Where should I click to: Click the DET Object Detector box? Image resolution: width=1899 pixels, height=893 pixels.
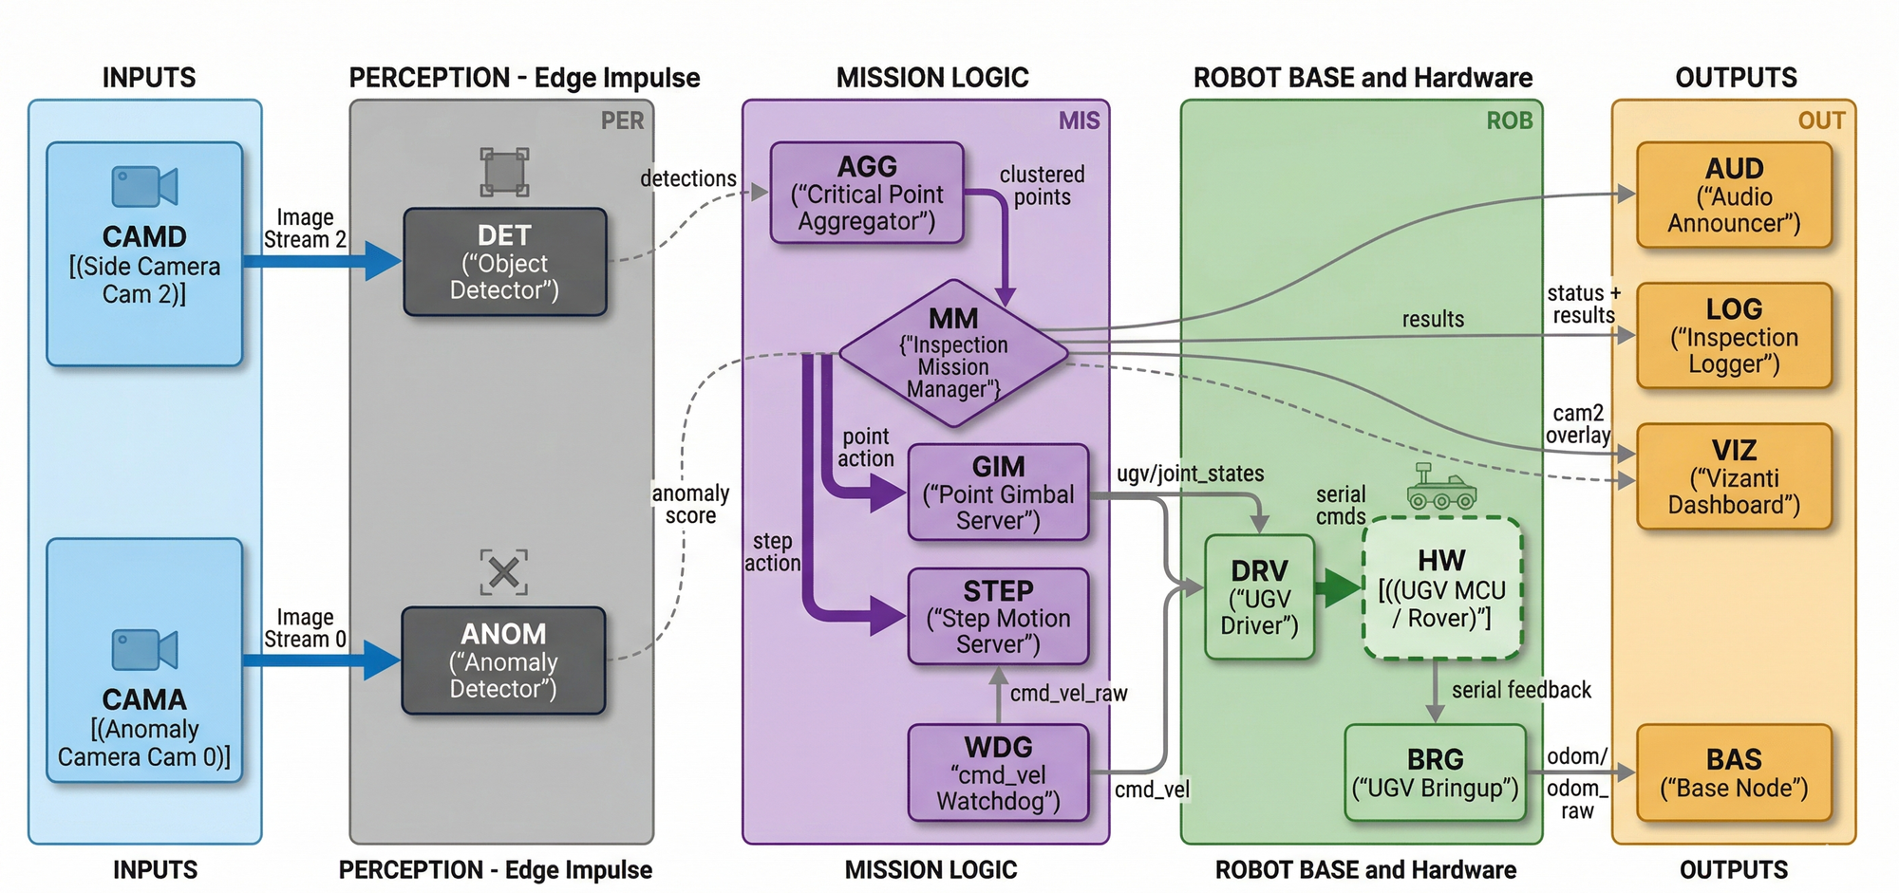[x=505, y=262]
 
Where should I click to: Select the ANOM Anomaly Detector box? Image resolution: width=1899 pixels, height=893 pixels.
[x=503, y=660]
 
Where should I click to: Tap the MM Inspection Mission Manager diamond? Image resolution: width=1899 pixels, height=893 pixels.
[x=953, y=353]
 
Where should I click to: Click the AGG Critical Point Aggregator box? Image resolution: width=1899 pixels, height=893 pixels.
[x=867, y=194]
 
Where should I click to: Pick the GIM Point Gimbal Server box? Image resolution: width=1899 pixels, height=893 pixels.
[x=998, y=493]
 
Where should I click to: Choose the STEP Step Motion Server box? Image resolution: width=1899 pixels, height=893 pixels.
[x=998, y=617]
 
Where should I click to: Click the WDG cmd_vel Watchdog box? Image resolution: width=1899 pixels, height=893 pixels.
[x=998, y=772]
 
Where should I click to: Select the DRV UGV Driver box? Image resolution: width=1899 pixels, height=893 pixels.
[x=1259, y=597]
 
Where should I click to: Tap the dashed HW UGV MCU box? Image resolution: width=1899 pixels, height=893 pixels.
[x=1441, y=588]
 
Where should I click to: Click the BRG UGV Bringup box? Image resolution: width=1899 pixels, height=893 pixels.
[x=1435, y=772]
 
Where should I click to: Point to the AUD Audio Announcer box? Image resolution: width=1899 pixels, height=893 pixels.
[x=1734, y=195]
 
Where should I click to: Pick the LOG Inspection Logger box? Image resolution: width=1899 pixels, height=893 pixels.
[x=1734, y=335]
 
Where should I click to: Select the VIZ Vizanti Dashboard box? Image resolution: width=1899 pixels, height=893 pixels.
[x=1734, y=476]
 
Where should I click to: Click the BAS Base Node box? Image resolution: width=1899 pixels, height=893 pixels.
[x=1734, y=772]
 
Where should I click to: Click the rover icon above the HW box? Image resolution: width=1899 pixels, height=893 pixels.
[x=1441, y=488]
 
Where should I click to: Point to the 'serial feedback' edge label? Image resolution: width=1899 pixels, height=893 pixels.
[x=1521, y=690]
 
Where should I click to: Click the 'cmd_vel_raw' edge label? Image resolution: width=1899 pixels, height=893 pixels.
[x=1068, y=694]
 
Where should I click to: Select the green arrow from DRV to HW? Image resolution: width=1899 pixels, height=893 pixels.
[x=1339, y=588]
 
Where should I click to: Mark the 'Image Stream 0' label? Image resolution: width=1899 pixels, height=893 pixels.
[x=305, y=628]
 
